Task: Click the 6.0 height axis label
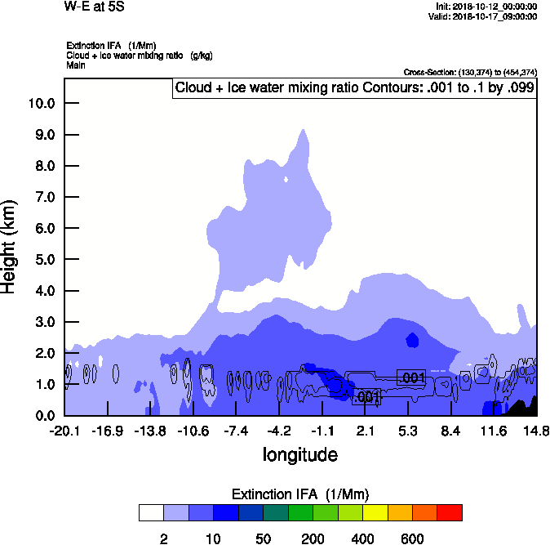44,229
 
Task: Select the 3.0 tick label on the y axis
44,323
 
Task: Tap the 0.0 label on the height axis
44,416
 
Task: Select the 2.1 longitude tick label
366,431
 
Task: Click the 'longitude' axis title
299,454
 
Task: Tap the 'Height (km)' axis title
10,246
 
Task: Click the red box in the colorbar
450,513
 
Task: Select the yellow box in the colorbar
375,513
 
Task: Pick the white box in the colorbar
151,513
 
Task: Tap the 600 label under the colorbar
412,539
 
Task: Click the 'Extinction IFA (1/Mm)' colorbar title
299,494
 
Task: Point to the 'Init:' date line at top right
486,7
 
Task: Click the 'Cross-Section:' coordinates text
469,72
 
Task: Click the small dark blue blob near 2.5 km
412,339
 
